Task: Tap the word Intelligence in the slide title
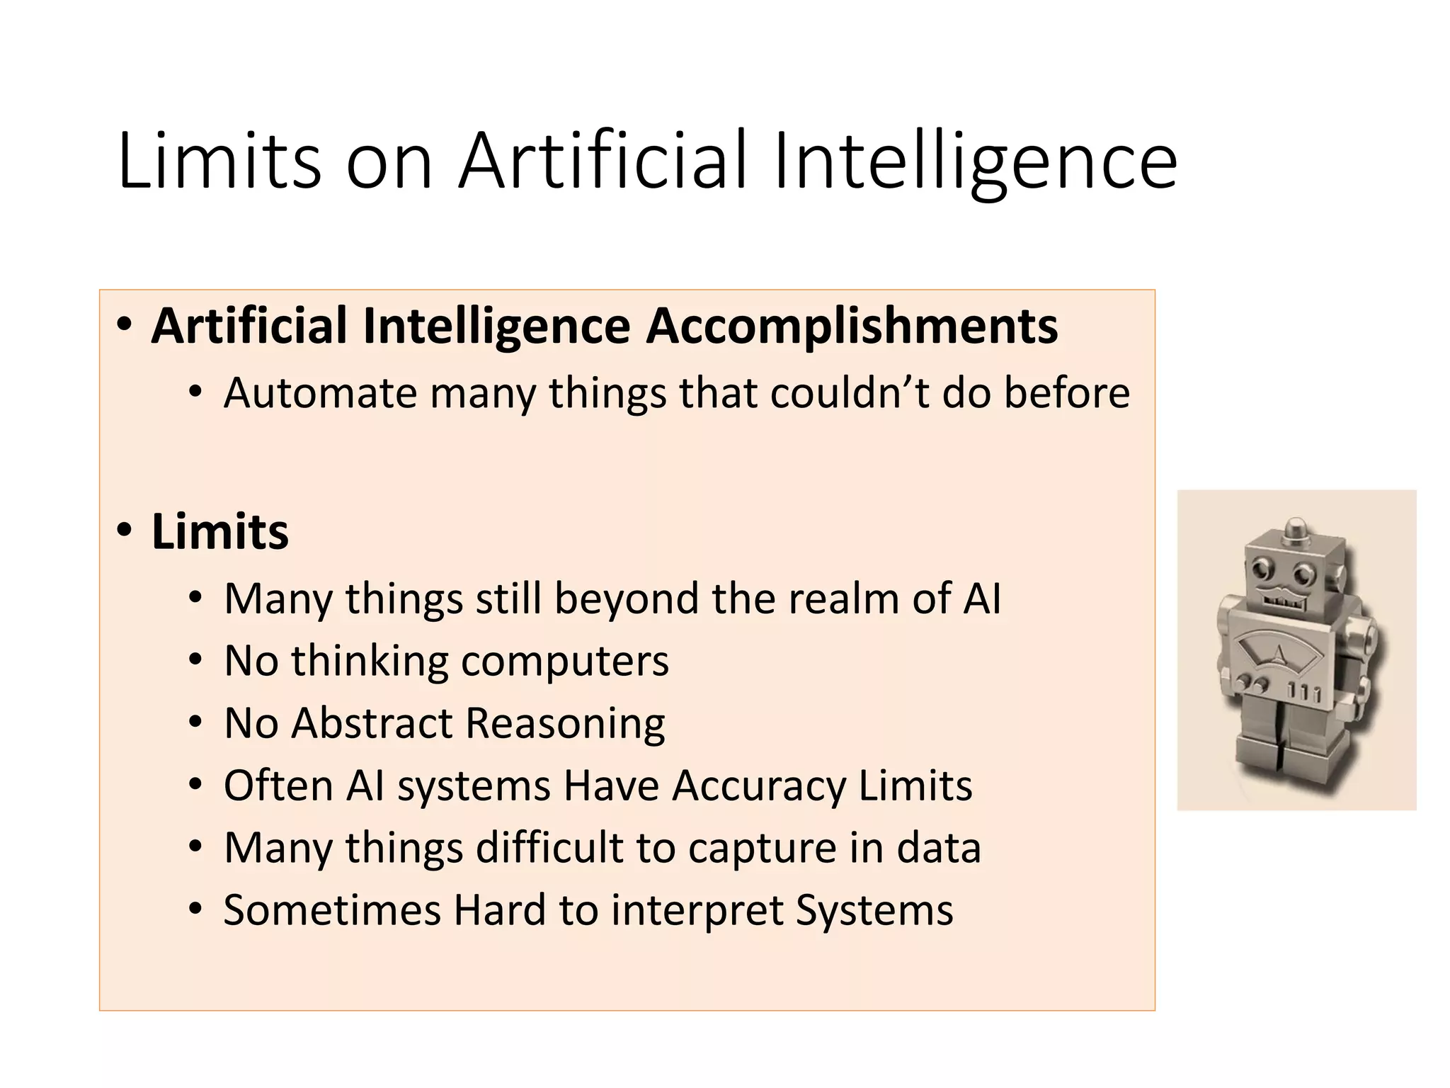click(976, 161)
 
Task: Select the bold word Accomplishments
click(852, 327)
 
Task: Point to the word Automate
click(320, 393)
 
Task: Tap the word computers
click(564, 662)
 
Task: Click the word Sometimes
click(332, 910)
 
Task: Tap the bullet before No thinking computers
click(195, 660)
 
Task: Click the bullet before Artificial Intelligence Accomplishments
click(125, 325)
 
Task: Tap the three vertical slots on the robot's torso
click(1303, 692)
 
